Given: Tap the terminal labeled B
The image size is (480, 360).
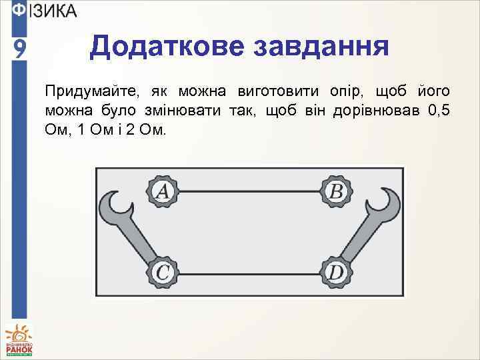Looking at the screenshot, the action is pyautogui.click(x=337, y=191).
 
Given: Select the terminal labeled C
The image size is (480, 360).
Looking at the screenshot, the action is pyautogui.click(x=163, y=272).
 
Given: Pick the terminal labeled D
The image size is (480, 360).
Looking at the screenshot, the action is pyautogui.click(x=335, y=272).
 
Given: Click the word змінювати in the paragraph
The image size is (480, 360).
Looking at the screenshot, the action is pyautogui.click(x=187, y=109).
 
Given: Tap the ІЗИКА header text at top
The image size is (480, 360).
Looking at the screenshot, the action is pyautogui.click(x=53, y=11).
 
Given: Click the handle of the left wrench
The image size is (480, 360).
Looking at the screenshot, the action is pyautogui.click(x=139, y=234).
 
